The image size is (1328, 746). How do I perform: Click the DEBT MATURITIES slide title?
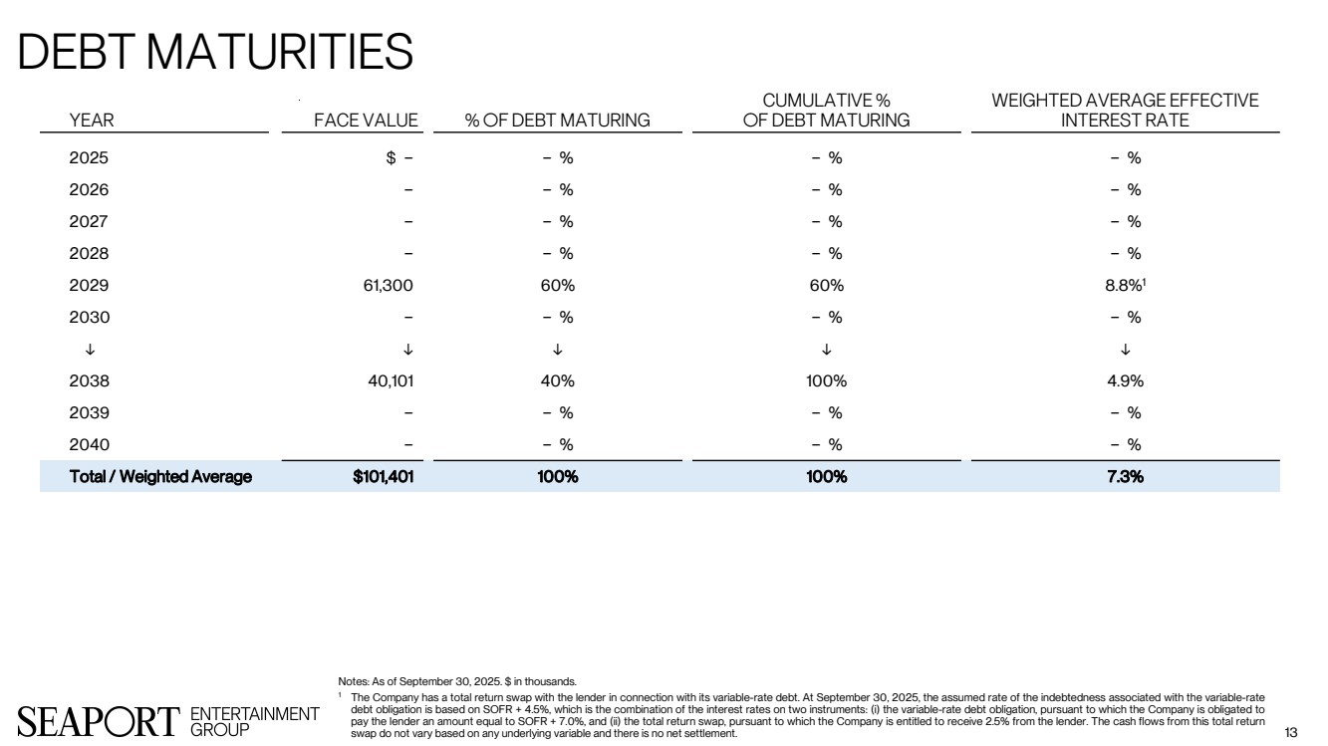click(x=215, y=51)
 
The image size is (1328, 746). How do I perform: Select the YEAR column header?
click(x=92, y=121)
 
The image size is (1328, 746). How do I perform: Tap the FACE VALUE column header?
click(x=366, y=121)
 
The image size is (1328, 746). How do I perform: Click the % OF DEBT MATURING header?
click(x=558, y=121)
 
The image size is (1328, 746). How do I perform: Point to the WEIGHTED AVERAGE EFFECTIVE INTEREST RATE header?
click(x=1125, y=111)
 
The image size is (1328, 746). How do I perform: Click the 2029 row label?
click(x=89, y=286)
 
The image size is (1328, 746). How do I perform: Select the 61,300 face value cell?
click(x=390, y=286)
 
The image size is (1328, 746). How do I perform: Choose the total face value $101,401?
click(x=384, y=477)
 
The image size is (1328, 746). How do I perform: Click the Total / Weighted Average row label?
click(x=160, y=477)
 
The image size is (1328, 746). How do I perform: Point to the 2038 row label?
click(x=89, y=381)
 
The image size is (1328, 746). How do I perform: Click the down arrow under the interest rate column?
click(x=1125, y=350)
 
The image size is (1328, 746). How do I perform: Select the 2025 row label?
click(x=89, y=157)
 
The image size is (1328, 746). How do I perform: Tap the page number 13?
click(x=1291, y=733)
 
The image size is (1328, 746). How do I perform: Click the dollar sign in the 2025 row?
click(x=392, y=157)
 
